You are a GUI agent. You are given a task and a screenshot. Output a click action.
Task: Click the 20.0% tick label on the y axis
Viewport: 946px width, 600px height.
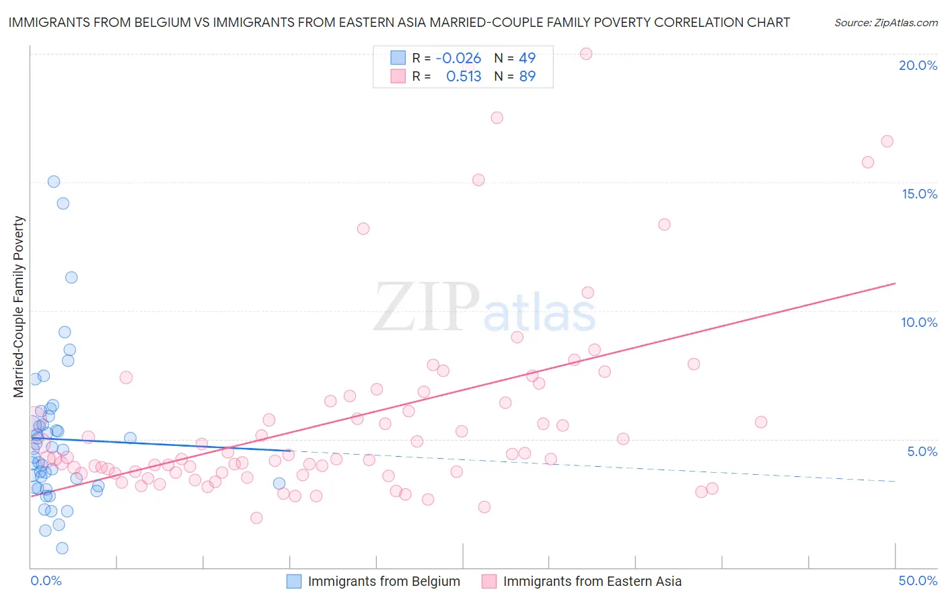click(x=918, y=65)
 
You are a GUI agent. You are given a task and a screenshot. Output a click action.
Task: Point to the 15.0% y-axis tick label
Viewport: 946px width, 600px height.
click(x=919, y=194)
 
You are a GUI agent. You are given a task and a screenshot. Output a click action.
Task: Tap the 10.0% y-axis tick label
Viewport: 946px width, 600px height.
click(x=919, y=322)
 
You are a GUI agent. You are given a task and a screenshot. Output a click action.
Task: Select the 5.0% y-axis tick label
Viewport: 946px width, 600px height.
click(x=922, y=451)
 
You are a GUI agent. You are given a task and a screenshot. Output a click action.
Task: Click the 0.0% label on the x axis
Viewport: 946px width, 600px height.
click(x=46, y=580)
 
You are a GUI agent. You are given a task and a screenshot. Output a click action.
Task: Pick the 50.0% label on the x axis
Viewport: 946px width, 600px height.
click(x=918, y=580)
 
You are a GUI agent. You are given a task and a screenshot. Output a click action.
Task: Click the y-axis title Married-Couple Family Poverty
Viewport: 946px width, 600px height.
click(x=19, y=307)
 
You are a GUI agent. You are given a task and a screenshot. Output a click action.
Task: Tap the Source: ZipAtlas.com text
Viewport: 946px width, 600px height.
click(x=886, y=23)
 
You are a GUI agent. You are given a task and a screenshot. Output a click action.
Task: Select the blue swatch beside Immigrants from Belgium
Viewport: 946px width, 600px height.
click(x=294, y=581)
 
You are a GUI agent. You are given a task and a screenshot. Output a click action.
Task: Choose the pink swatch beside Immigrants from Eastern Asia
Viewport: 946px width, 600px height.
click(x=489, y=581)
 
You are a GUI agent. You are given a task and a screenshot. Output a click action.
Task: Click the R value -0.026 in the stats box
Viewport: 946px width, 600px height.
click(x=458, y=59)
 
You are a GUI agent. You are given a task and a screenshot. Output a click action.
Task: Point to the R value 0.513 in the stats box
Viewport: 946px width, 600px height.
click(x=464, y=77)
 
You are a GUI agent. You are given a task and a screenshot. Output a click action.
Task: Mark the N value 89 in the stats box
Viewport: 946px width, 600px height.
click(x=527, y=77)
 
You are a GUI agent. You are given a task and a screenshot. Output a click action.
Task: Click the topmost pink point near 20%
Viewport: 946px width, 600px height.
click(x=586, y=54)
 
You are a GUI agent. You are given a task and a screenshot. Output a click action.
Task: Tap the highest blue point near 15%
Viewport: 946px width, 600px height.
click(x=54, y=182)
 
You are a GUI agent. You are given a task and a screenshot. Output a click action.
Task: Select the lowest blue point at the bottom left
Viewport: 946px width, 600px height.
click(x=62, y=548)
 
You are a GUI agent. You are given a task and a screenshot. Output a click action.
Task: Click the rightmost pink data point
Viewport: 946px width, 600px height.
click(x=887, y=141)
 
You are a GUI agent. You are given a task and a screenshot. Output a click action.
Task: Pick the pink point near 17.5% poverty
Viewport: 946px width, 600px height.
click(x=497, y=118)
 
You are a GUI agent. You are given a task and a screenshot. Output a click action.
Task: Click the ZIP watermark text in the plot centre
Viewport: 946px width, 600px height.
click(x=427, y=307)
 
